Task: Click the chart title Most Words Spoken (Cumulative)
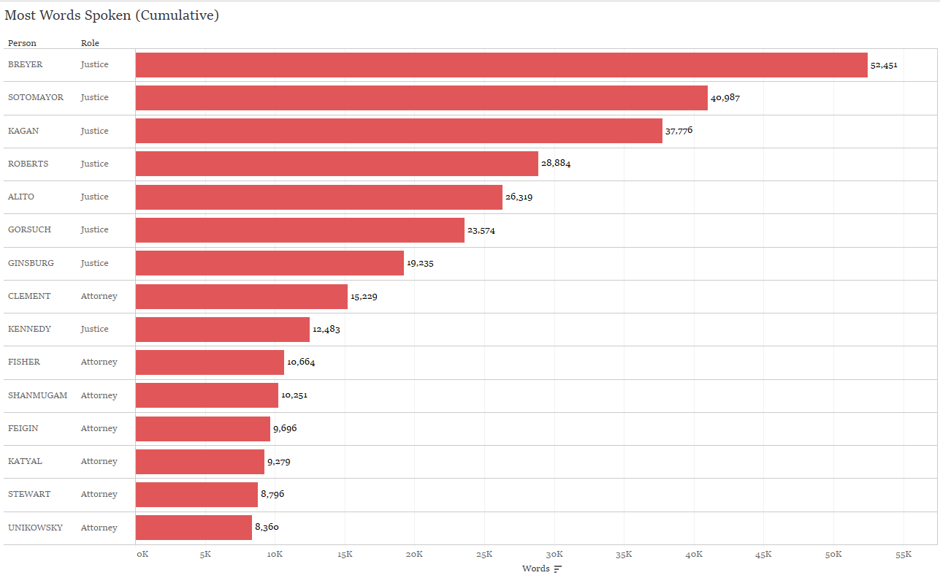click(x=112, y=15)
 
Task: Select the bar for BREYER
click(x=501, y=65)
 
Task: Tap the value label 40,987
click(x=725, y=98)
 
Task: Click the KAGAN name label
click(x=23, y=131)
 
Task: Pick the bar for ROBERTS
click(x=337, y=164)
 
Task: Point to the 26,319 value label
click(x=519, y=197)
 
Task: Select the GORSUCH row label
click(x=29, y=229)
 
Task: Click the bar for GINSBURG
click(x=270, y=263)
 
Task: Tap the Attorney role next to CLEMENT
click(x=99, y=296)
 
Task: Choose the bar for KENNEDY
click(x=223, y=329)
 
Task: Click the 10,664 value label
click(x=301, y=362)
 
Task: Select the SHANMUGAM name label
click(x=37, y=395)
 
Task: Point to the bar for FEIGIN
click(x=203, y=428)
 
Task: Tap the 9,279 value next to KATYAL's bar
click(x=279, y=461)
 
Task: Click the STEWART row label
click(x=29, y=494)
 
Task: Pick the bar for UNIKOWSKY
click(x=194, y=528)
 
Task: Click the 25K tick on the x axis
click(x=485, y=555)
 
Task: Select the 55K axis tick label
click(x=903, y=555)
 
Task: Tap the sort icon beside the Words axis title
click(x=558, y=569)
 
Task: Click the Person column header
click(x=22, y=43)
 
